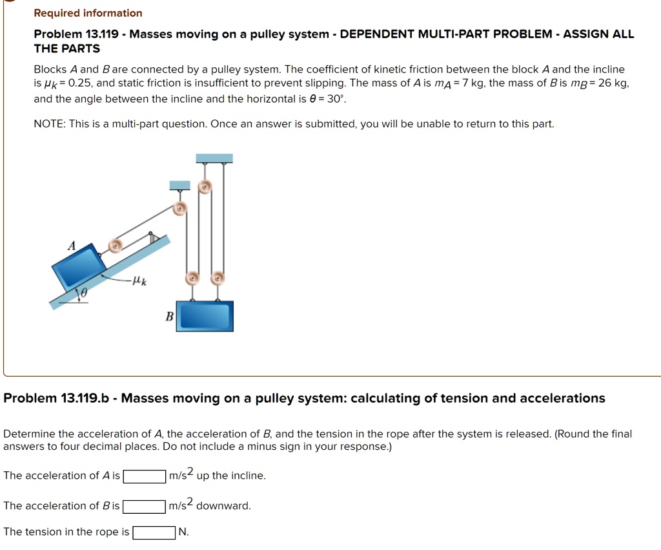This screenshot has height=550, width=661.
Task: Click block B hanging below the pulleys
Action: [205, 316]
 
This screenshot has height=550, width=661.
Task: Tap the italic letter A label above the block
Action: [72, 246]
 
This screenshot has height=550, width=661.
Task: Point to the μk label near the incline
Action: [139, 280]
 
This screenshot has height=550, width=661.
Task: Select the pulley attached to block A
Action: [115, 246]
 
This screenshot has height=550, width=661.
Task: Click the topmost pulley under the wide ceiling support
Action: [205, 187]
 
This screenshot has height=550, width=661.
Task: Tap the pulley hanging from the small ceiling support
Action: [180, 208]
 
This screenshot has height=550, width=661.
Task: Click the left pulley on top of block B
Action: [192, 279]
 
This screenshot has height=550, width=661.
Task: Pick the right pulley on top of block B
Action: [218, 279]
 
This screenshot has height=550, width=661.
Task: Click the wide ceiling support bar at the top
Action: [214, 158]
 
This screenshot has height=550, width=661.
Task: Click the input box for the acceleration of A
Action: [145, 476]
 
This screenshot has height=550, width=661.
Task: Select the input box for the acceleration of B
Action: [144, 506]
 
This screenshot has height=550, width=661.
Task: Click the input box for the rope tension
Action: [154, 533]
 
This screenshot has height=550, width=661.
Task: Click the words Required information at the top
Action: [88, 13]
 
